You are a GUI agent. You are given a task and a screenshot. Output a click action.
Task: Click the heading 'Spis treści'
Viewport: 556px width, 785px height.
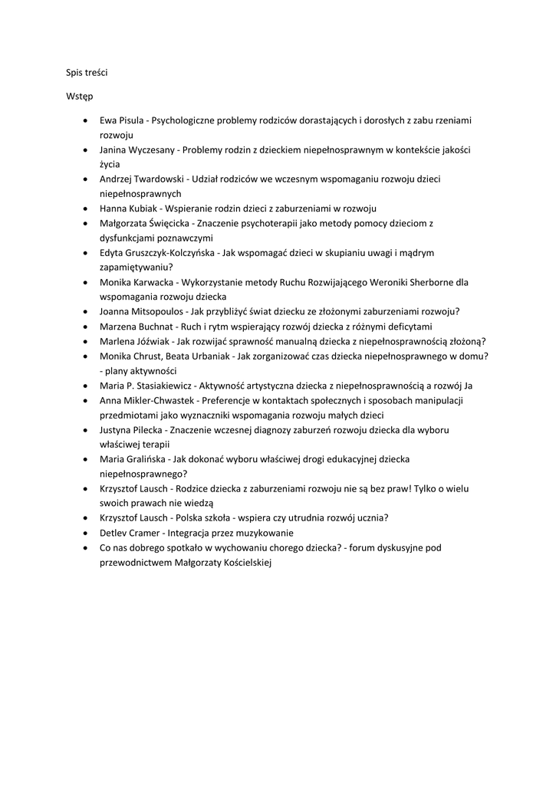[x=87, y=72]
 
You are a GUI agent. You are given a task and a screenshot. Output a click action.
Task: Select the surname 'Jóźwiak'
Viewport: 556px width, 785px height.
[x=151, y=341]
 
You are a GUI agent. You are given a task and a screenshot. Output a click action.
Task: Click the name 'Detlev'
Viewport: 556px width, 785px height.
[x=115, y=533]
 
